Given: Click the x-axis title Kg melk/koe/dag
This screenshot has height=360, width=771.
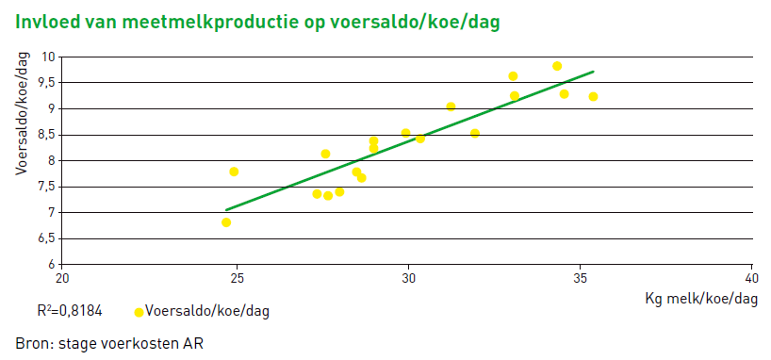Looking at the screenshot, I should coord(701,299).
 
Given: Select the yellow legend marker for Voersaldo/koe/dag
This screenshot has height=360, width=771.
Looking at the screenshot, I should coord(139,312).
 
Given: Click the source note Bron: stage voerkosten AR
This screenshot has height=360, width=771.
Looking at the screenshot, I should coord(109,342).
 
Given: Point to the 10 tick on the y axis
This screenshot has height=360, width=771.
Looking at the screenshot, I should coord(47,57).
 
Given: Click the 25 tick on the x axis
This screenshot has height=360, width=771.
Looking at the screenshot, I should coord(236,279).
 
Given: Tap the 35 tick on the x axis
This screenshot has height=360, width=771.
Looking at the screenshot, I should coord(581,279).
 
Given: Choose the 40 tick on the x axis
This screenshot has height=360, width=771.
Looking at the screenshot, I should coord(752,279).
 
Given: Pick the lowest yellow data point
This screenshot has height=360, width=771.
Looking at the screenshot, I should coord(226,222).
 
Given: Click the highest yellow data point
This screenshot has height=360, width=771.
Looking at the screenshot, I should coord(557,66).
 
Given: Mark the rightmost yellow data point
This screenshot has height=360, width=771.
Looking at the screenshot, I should coord(593,96).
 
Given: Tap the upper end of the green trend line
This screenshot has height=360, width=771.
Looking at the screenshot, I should coord(593,72).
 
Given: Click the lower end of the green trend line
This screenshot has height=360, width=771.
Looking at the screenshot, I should coord(226,209).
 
